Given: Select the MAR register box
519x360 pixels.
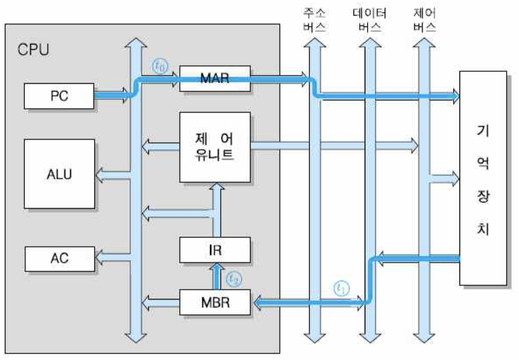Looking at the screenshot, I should tap(214, 78).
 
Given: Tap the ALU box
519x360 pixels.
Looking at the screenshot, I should tap(59, 174).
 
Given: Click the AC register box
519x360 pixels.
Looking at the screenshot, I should tap(59, 258).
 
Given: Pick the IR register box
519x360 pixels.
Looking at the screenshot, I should tap(214, 250).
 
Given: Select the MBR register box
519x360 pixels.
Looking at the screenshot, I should tap(214, 303).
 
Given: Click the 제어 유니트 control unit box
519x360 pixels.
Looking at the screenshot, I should tap(214, 147).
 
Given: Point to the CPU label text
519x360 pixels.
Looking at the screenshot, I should tap(33, 50).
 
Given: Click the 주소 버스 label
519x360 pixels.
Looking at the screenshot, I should tap(315, 21).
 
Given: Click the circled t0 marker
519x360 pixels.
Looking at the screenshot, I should tap(160, 66).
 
